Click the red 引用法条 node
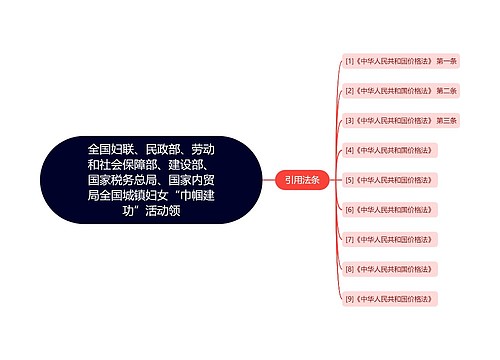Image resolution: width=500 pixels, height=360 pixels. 301,180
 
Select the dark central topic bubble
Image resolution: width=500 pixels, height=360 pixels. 151,180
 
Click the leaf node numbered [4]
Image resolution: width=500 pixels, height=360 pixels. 387,150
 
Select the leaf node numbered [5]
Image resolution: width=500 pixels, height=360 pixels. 387,180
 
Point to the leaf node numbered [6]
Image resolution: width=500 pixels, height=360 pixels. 387,210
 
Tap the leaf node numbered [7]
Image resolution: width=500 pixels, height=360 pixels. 387,240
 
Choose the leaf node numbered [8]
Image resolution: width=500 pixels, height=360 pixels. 387,269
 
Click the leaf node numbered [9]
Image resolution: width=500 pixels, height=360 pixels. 387,299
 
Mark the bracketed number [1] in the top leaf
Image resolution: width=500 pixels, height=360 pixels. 349,61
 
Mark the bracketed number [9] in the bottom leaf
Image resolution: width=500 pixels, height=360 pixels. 349,299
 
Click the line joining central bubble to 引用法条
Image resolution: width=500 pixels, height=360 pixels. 268,180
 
